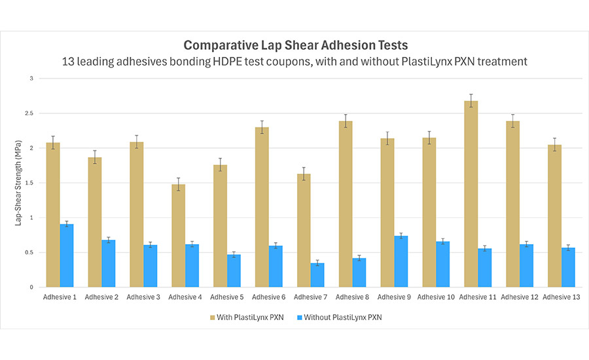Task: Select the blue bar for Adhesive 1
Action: pyautogui.click(x=67, y=255)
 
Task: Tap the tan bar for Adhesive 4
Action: pyautogui.click(x=178, y=236)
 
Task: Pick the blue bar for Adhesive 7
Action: pyautogui.click(x=317, y=275)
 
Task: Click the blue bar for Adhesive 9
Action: pyautogui.click(x=401, y=261)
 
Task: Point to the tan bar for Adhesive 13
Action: pyautogui.click(x=554, y=216)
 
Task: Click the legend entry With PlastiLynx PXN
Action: pyautogui.click(x=249, y=318)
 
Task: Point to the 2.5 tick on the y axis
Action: pyautogui.click(x=35, y=113)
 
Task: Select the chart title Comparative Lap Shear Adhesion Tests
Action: pyautogui.click(x=295, y=45)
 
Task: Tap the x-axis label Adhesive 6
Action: pyautogui.click(x=269, y=297)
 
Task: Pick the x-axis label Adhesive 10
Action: pyautogui.click(x=436, y=297)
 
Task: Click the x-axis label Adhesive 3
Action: pyautogui.click(x=143, y=297)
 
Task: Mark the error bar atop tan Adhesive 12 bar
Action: pyautogui.click(x=513, y=121)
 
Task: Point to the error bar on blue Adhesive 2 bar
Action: pyautogui.click(x=109, y=240)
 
